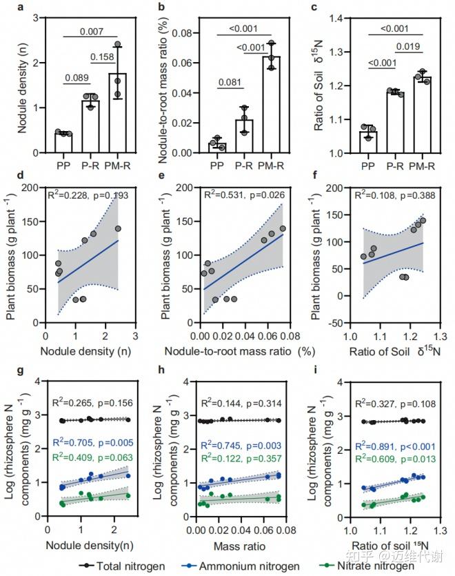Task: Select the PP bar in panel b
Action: pyautogui.click(x=218, y=148)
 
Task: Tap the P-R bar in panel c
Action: pyautogui.click(x=394, y=122)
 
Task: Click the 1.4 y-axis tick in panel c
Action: pyautogui.click(x=349, y=17)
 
